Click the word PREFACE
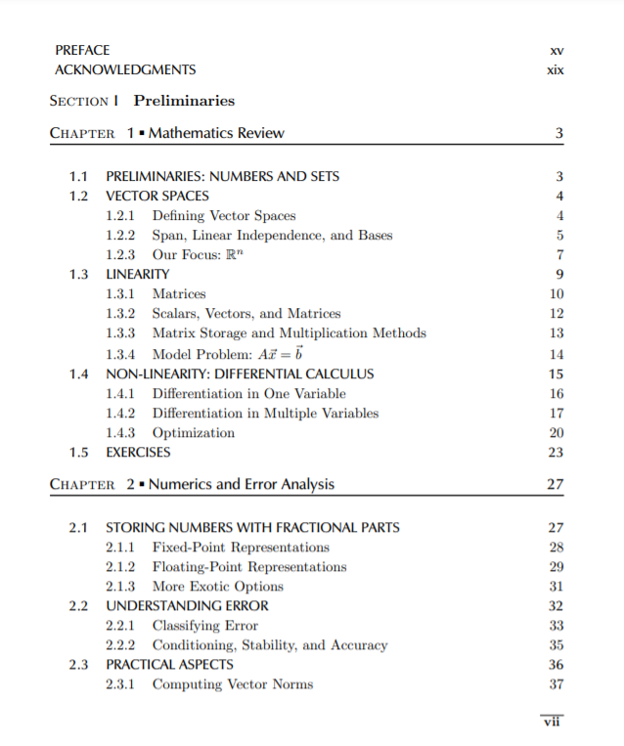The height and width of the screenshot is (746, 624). [82, 50]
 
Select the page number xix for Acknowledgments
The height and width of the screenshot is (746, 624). [557, 69]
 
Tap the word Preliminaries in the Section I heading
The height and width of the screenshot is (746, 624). [184, 101]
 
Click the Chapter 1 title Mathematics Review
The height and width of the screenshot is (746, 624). [216, 133]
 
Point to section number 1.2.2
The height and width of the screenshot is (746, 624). [120, 235]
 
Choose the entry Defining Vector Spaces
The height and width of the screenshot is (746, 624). [223, 215]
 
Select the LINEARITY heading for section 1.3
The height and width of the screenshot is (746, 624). [137, 274]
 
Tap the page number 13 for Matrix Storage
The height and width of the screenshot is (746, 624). [557, 333]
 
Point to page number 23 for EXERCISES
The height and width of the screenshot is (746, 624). [557, 453]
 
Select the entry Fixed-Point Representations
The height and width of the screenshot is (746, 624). [241, 548]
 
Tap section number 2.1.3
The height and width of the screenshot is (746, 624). [120, 587]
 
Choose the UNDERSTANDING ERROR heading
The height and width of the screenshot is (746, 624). [187, 606]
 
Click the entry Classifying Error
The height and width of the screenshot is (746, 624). [204, 626]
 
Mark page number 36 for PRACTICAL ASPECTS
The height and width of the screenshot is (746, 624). [557, 665]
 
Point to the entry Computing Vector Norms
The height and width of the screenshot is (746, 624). [232, 684]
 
